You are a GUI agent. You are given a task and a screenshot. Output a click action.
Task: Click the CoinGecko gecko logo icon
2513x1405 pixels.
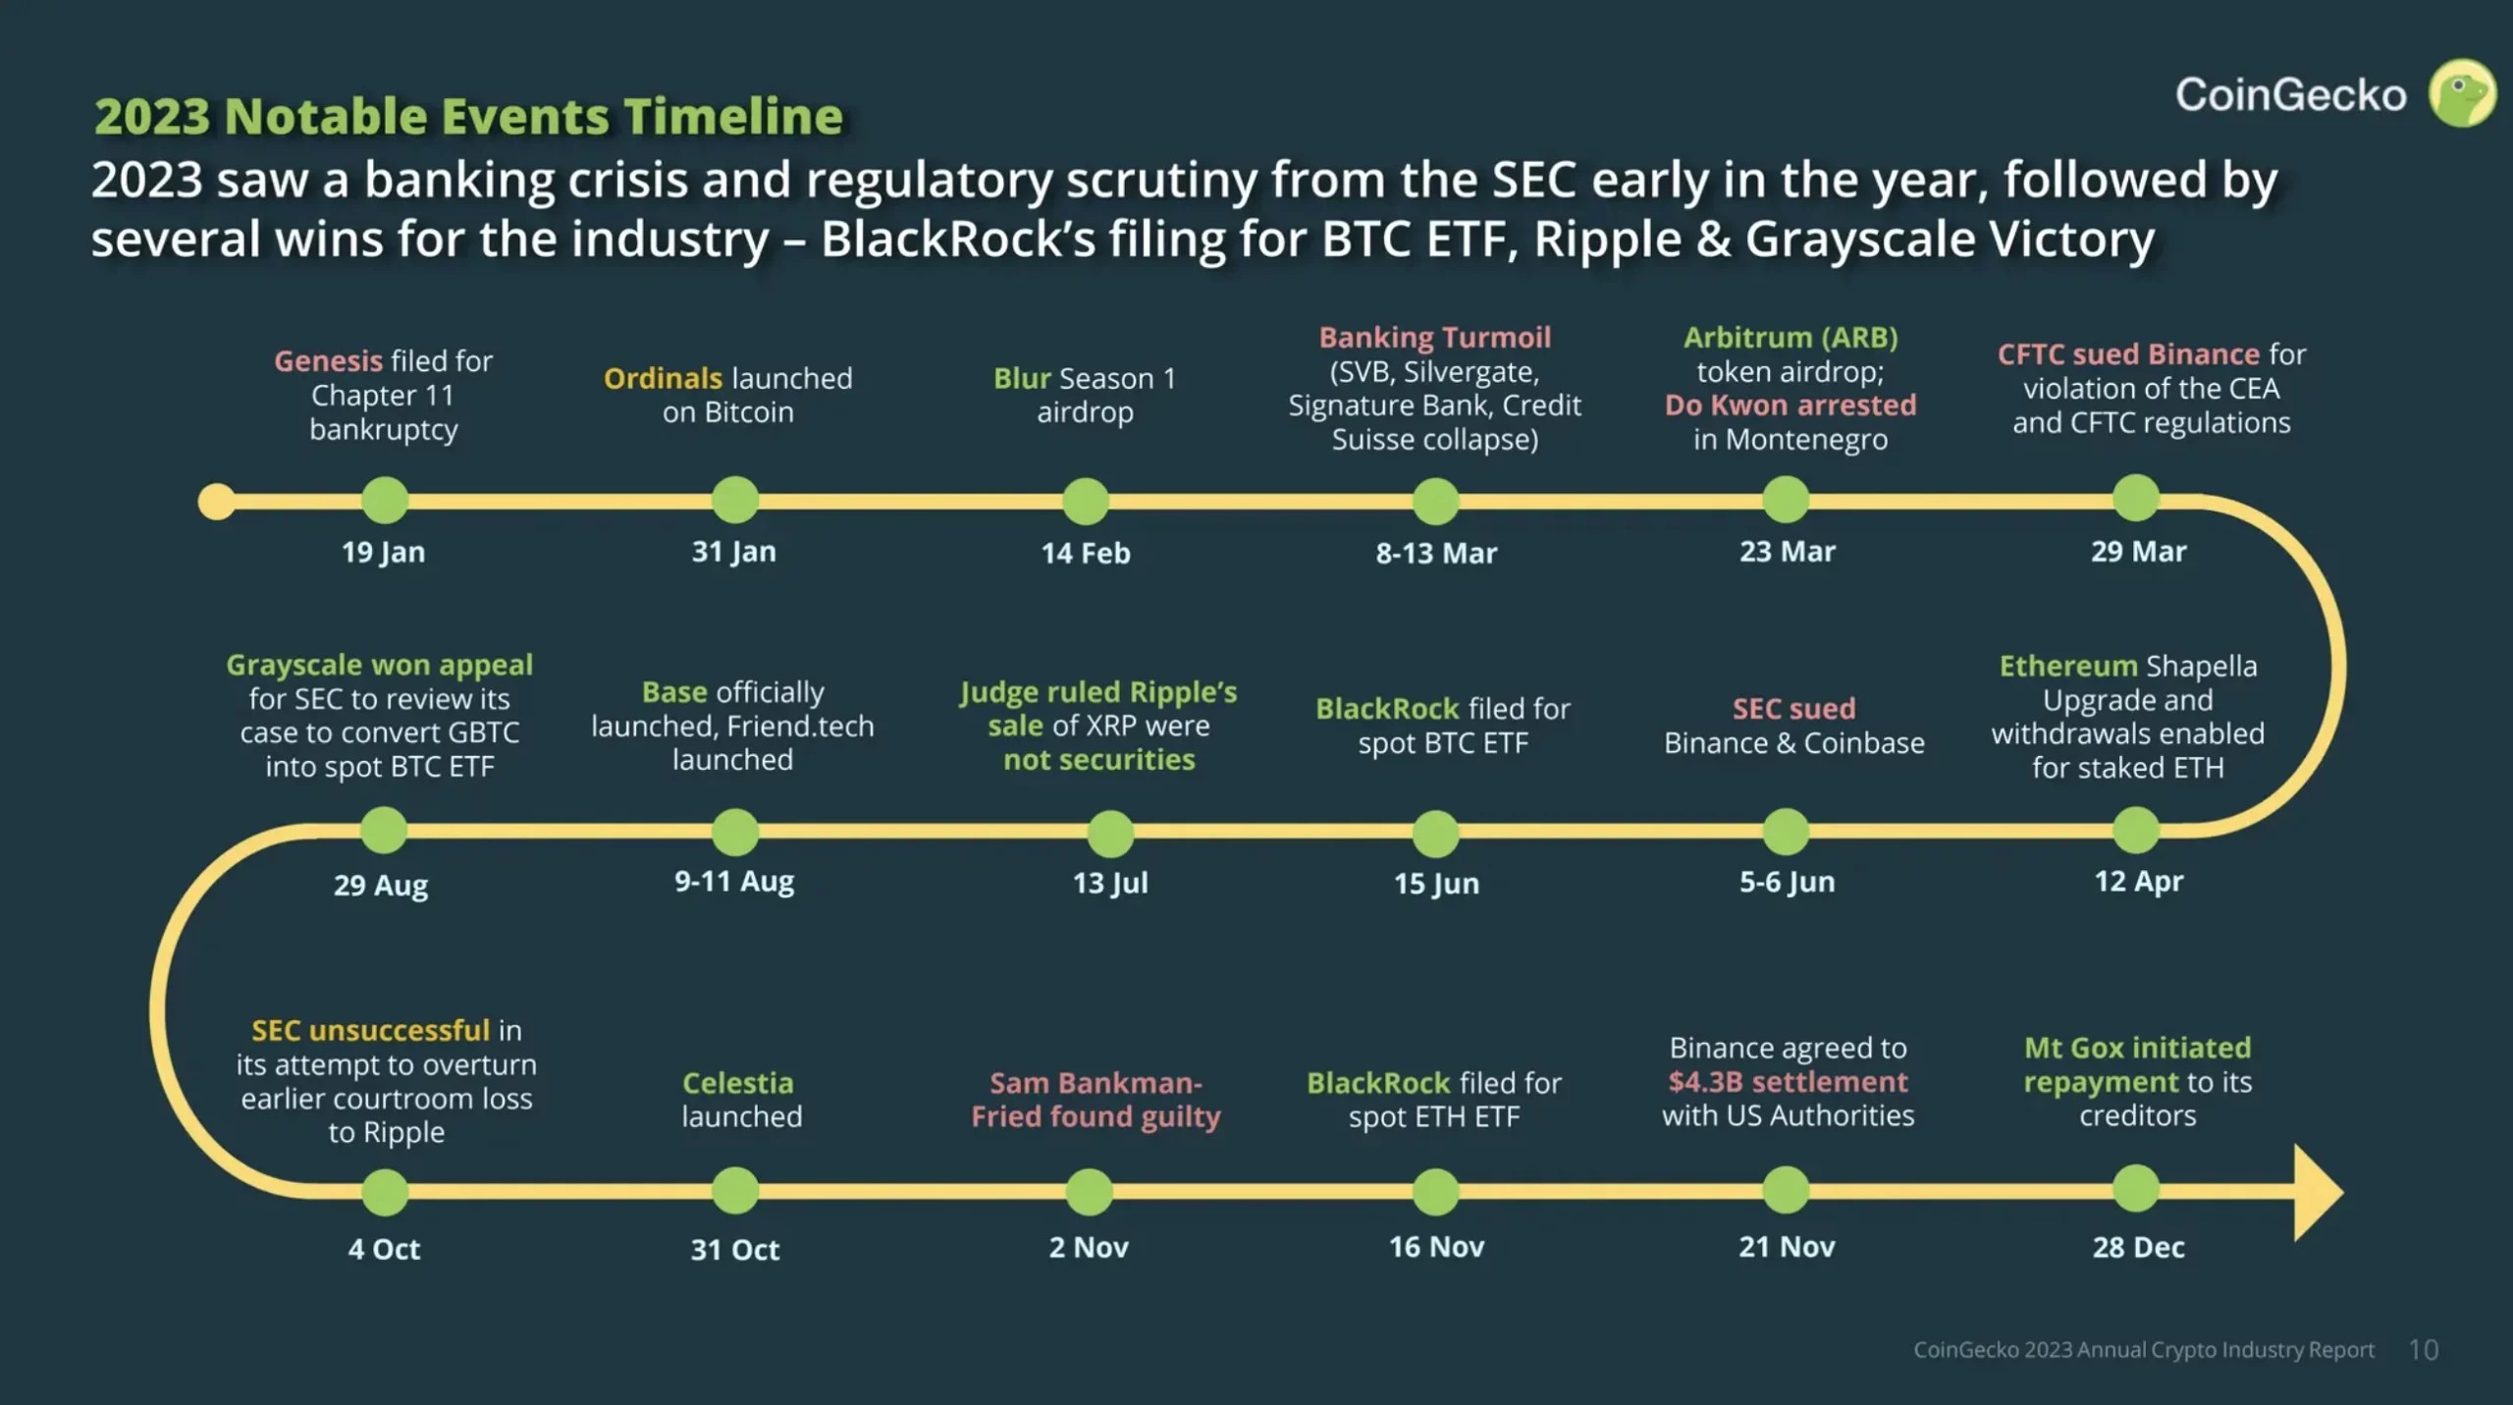tap(2461, 94)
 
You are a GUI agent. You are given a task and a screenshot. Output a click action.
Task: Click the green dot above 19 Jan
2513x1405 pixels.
tap(385, 501)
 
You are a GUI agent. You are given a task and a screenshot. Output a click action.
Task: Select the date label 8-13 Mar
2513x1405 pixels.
tap(1436, 553)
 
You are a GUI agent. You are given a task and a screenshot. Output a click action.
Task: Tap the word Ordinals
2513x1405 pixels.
tap(663, 378)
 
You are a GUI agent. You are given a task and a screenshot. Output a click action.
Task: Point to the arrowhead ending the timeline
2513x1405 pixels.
tap(2317, 1192)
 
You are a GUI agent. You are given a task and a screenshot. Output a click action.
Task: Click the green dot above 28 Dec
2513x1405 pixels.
tap(2135, 1189)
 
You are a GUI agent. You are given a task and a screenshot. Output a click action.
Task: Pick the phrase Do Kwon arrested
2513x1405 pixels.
tap(1790, 405)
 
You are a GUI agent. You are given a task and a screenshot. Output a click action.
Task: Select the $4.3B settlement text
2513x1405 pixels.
tap(1788, 1081)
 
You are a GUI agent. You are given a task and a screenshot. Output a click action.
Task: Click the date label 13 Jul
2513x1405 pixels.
tap(1110, 883)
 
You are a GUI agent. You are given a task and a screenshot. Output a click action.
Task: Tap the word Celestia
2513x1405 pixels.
tap(737, 1082)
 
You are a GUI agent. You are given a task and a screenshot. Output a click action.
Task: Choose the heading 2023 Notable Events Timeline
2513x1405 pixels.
tap(468, 116)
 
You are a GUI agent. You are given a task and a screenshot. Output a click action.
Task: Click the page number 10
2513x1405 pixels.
tap(2423, 1350)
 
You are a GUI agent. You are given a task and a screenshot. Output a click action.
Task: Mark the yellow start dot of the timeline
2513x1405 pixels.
tap(216, 502)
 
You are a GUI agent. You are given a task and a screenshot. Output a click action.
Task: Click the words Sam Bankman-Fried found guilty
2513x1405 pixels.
tap(1096, 1100)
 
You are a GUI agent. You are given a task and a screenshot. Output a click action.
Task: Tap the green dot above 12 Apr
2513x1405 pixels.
tap(2135, 831)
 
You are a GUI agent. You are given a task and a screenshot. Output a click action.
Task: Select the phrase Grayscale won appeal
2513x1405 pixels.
tap(379, 665)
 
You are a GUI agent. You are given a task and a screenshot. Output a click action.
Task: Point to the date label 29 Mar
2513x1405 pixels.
tap(2138, 552)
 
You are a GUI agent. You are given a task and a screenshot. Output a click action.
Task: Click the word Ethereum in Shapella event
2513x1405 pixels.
tap(2067, 666)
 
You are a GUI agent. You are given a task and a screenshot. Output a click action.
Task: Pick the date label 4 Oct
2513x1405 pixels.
tap(384, 1249)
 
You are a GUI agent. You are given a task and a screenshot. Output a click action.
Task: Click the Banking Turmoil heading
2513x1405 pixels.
tap(1434, 337)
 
